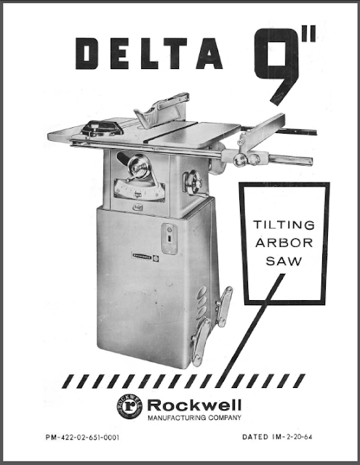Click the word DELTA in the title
pyautogui.click(x=149, y=53)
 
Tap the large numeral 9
pyautogui.click(x=276, y=66)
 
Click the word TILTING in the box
pyautogui.click(x=284, y=225)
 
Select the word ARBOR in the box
pyautogui.click(x=284, y=243)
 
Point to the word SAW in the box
pyautogui.click(x=284, y=262)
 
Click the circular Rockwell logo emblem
pyautogui.click(x=129, y=406)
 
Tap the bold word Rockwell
pyautogui.click(x=194, y=405)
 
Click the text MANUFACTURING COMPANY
pyautogui.click(x=194, y=418)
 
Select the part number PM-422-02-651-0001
pyautogui.click(x=82, y=437)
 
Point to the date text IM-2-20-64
pyautogui.click(x=292, y=437)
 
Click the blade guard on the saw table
pyautogui.click(x=161, y=110)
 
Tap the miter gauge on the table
pyautogui.click(x=102, y=129)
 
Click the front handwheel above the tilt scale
pyautogui.click(x=139, y=168)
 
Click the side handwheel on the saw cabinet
pyautogui.click(x=193, y=182)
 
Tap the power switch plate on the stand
pyautogui.click(x=169, y=239)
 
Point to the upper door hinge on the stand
pyautogui.click(x=224, y=306)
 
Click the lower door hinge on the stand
pyautogui.click(x=201, y=342)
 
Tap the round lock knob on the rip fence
pyautogui.click(x=239, y=160)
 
